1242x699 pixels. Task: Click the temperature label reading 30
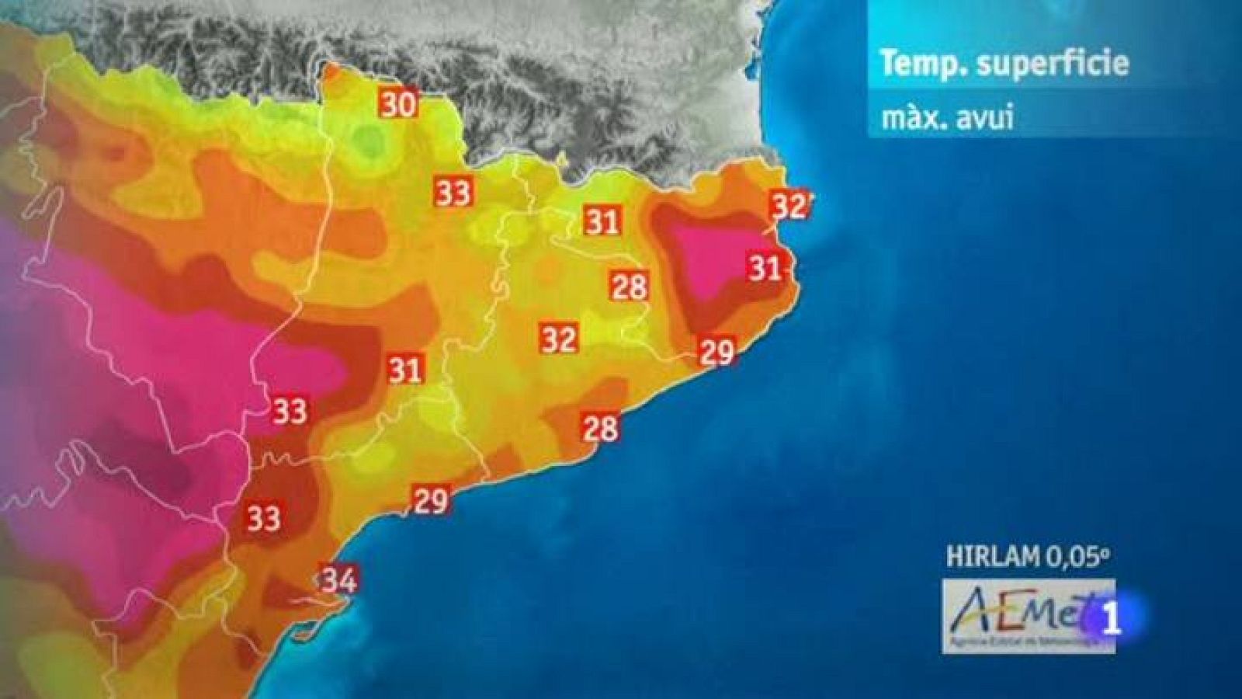(398, 103)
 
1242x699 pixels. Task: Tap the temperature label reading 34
(339, 579)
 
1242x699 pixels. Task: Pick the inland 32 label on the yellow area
(559, 339)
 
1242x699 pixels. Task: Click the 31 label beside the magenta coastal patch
(765, 268)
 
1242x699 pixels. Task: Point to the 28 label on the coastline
(601, 427)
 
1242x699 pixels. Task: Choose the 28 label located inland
(629, 287)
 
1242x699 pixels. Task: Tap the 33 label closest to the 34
(264, 517)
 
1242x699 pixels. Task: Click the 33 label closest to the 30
(453, 192)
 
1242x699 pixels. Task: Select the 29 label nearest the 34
(431, 500)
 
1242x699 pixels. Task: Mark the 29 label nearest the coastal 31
(716, 353)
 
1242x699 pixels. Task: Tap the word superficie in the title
(1053, 64)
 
